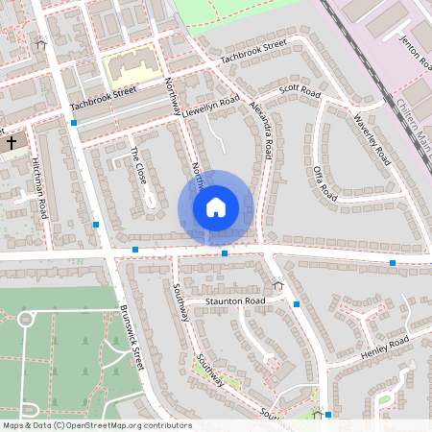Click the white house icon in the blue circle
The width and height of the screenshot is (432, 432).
[215, 206]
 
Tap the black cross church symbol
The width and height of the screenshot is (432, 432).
[12, 143]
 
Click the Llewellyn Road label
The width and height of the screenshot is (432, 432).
[211, 104]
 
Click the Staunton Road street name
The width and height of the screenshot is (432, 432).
[233, 301]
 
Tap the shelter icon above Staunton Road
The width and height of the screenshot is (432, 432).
[278, 284]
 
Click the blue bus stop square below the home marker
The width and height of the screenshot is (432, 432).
[224, 253]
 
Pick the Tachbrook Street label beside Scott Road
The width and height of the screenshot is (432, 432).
[253, 52]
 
